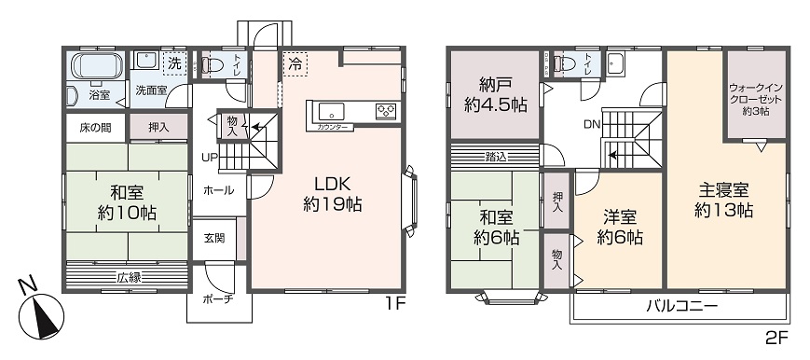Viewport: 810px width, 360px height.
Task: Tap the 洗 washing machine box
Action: click(x=173, y=63)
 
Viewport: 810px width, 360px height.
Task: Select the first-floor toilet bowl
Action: click(x=213, y=65)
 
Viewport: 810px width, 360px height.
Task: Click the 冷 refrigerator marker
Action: click(x=295, y=65)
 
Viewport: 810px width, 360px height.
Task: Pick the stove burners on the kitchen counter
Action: click(x=385, y=110)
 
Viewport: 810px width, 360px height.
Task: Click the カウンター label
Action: click(x=333, y=126)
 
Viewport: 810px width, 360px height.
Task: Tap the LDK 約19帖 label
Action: click(x=331, y=192)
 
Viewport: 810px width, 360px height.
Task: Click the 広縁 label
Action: click(x=129, y=277)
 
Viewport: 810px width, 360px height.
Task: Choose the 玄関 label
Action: click(x=213, y=239)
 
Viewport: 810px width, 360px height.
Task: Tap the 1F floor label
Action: click(x=395, y=303)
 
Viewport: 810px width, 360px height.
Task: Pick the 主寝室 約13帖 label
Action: click(x=724, y=200)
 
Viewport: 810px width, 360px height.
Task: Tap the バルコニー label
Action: click(x=681, y=307)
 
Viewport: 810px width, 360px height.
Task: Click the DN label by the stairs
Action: click(x=591, y=124)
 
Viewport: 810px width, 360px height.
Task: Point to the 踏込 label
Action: click(x=496, y=156)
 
